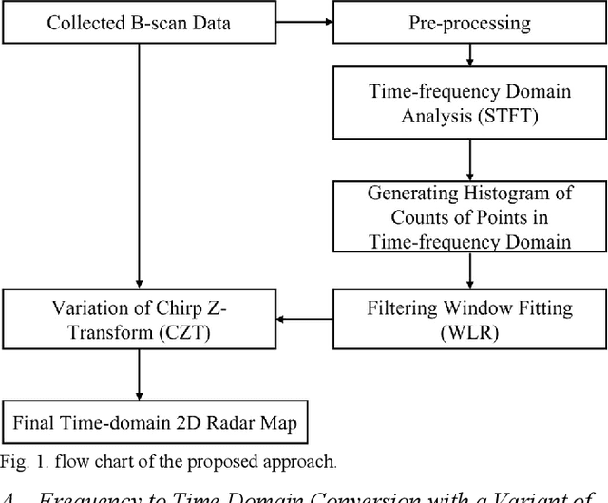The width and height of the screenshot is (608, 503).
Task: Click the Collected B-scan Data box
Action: (x=139, y=22)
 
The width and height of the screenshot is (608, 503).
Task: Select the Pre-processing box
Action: (x=469, y=22)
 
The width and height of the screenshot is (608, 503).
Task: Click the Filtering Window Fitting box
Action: (x=469, y=318)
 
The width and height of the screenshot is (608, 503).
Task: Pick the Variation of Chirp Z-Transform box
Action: (x=139, y=318)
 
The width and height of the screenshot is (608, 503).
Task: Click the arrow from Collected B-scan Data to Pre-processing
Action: (x=303, y=22)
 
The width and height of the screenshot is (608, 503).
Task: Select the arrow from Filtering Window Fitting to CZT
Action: (x=303, y=319)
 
